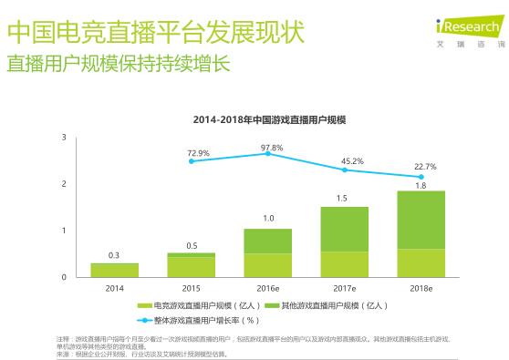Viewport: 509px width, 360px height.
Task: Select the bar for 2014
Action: [x=114, y=270]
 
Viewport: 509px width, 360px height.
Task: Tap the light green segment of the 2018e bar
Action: [x=421, y=262]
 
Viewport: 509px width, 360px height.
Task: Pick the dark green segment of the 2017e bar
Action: [x=344, y=229]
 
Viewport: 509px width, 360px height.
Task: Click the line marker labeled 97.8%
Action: [x=268, y=153]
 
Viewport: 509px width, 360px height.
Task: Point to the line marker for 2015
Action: [x=192, y=161]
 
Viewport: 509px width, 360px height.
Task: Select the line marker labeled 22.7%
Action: [x=421, y=177]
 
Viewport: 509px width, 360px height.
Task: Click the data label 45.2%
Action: [x=352, y=161]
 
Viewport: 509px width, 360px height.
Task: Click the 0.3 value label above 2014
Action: [x=114, y=255]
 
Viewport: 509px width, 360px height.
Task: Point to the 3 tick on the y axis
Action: [x=64, y=137]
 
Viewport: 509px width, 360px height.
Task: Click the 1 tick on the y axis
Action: [x=64, y=231]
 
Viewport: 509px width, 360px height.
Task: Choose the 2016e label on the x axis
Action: [x=267, y=287]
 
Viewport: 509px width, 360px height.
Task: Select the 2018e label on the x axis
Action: [x=421, y=287]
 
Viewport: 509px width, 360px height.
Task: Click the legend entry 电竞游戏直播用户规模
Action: [x=195, y=307]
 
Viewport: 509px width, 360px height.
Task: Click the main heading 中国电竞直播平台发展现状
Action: [x=155, y=34]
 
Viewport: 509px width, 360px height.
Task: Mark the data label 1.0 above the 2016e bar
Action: [x=268, y=219]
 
